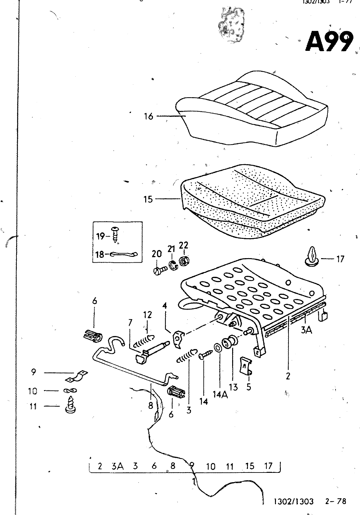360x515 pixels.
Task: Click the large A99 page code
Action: [328, 41]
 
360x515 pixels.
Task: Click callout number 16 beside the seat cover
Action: [148, 116]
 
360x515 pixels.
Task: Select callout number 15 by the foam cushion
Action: [148, 199]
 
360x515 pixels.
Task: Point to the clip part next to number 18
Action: [124, 254]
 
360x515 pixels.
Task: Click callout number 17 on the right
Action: [340, 259]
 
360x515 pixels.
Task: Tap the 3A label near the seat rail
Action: [306, 330]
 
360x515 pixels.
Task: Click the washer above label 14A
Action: [218, 348]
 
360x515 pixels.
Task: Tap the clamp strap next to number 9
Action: [79, 376]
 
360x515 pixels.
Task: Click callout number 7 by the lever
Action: [130, 322]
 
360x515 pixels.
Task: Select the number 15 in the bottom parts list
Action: [250, 466]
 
